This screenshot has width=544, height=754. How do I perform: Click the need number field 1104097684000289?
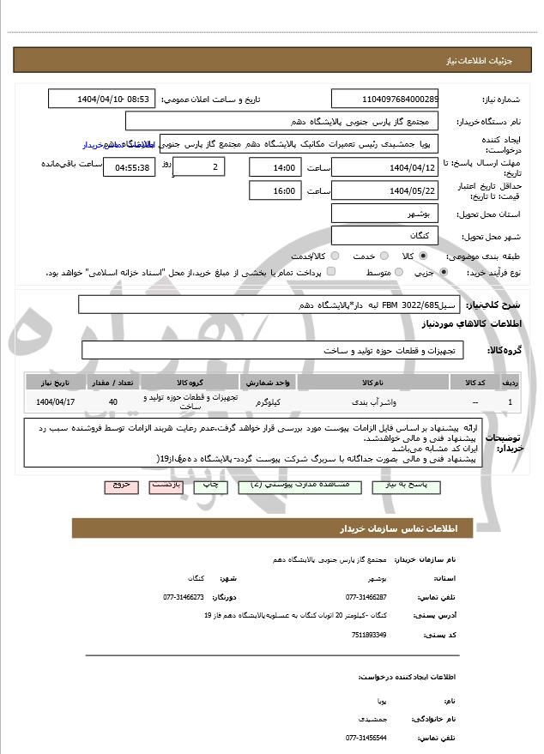[x=384, y=100]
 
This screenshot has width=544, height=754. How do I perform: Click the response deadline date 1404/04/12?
[x=384, y=166]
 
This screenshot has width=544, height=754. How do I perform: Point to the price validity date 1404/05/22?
[x=384, y=190]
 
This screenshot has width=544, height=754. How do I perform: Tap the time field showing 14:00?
[x=274, y=166]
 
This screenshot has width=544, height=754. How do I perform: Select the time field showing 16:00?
[x=274, y=190]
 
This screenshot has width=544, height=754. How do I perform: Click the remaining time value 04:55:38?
[x=129, y=167]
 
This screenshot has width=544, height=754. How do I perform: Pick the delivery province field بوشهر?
[x=384, y=214]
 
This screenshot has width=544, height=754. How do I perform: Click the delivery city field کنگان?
[x=384, y=234]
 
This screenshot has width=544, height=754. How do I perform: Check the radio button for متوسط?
[x=396, y=272]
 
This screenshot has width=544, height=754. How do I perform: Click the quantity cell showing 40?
[x=113, y=401]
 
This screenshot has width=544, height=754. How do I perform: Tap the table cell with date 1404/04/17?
[x=57, y=401]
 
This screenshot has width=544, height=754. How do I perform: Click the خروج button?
[x=120, y=486]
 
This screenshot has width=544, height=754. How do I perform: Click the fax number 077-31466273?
[x=184, y=596]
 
